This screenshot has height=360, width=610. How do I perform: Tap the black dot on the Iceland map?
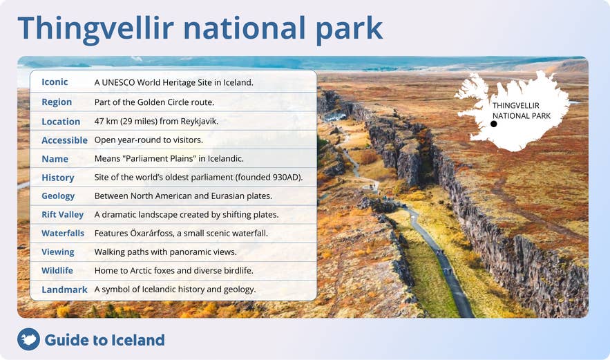click(494, 124)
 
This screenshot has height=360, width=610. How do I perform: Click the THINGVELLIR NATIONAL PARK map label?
click(522, 111)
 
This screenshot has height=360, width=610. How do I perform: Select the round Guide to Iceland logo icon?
click(29, 339)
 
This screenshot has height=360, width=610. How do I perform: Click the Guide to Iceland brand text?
click(104, 340)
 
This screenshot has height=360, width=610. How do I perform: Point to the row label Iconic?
click(55, 82)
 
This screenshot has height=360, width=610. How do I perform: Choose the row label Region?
click(57, 102)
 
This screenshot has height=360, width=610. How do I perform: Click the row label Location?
click(61, 122)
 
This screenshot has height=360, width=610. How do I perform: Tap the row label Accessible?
click(64, 140)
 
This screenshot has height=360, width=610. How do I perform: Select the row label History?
click(57, 178)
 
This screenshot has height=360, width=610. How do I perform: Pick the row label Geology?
click(58, 196)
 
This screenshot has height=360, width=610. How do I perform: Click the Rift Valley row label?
click(62, 215)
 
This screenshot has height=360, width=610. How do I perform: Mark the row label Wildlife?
click(57, 271)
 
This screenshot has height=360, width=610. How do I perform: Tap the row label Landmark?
click(64, 290)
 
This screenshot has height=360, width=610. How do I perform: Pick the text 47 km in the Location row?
click(106, 121)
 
